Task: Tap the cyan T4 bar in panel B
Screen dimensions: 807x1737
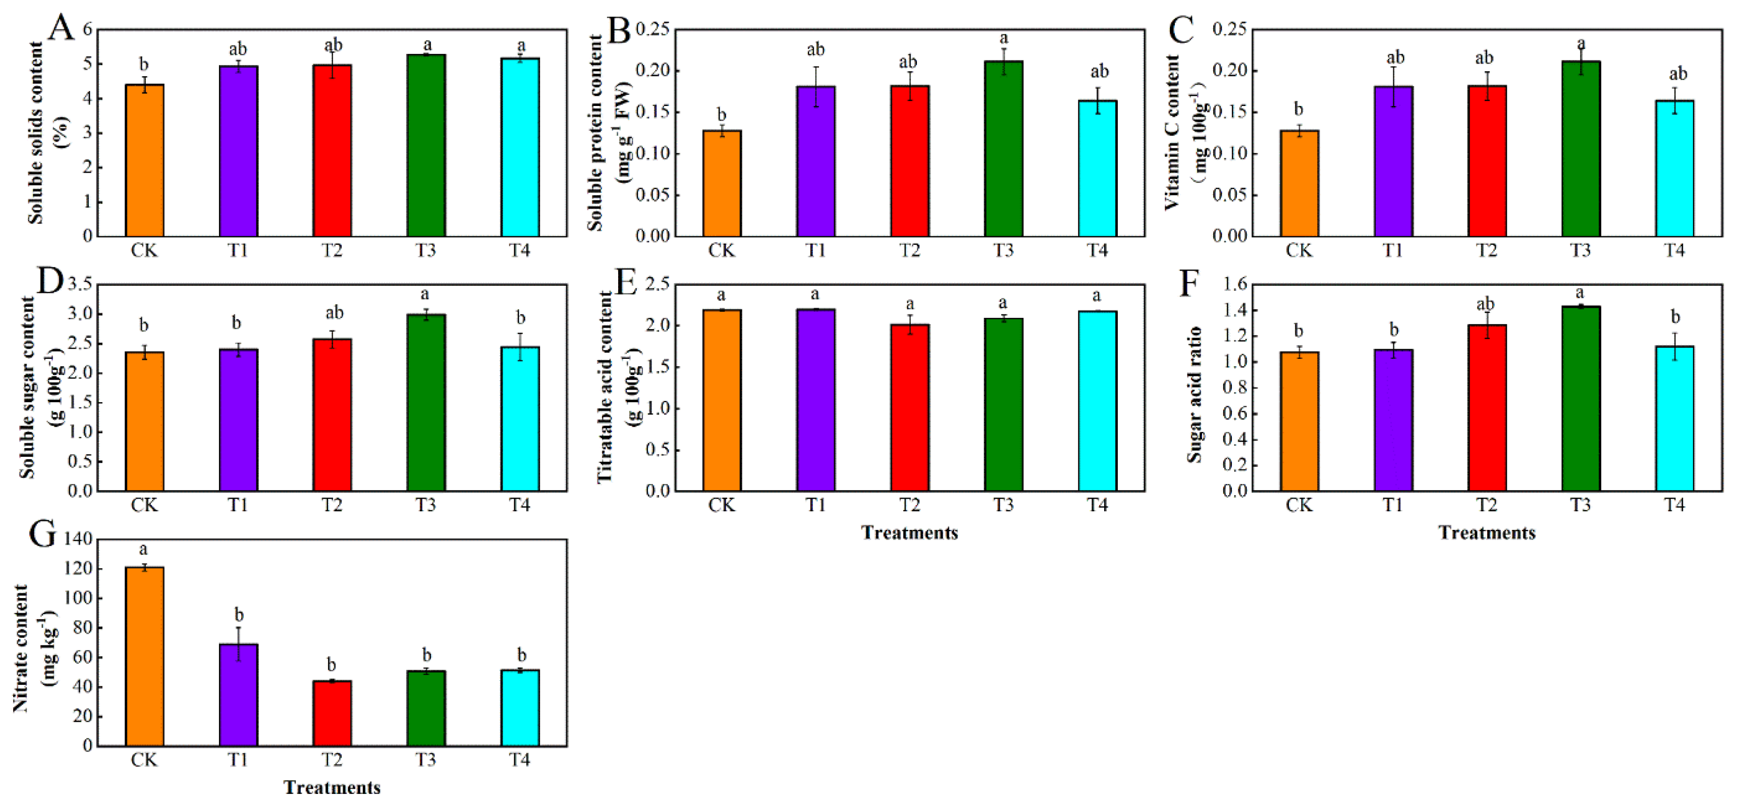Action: [x=1097, y=168]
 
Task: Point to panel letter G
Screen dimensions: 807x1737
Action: [x=42, y=534]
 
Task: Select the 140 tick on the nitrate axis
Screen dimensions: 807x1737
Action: [x=78, y=540]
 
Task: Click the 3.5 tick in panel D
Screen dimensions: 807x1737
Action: [x=80, y=285]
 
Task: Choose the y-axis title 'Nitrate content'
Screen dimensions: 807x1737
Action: [x=22, y=647]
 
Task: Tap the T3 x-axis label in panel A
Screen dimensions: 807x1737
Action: [x=425, y=251]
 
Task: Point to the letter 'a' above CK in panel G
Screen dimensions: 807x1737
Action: [x=143, y=550]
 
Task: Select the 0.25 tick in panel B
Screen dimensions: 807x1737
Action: [x=652, y=30]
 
